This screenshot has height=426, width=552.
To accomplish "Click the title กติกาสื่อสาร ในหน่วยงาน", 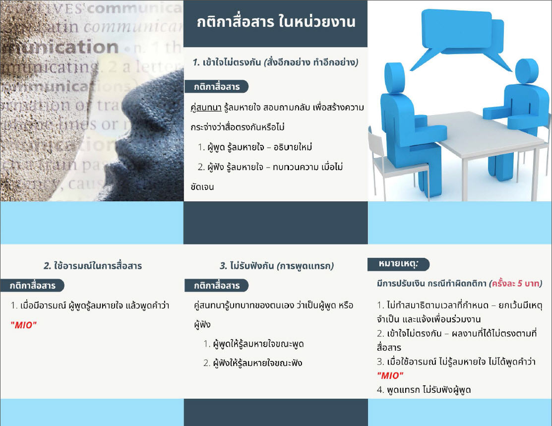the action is [x=276, y=22].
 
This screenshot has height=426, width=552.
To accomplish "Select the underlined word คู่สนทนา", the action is [x=206, y=108].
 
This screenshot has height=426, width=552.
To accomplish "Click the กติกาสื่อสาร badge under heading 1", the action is [x=217, y=87].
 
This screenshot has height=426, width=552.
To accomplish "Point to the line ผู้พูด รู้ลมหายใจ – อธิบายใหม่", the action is [x=255, y=147].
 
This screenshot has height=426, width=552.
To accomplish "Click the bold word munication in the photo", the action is [x=60, y=47].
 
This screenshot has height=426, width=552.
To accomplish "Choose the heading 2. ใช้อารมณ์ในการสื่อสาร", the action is [x=93, y=266].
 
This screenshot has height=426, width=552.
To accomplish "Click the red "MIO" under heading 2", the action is [x=24, y=325].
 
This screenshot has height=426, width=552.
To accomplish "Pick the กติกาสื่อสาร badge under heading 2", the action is [x=32, y=286].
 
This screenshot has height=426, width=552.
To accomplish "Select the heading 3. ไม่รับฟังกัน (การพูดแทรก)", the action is [x=277, y=266].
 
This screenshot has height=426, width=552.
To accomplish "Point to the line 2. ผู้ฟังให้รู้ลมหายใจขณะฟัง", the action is [x=253, y=363].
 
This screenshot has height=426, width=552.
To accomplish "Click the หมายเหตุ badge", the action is [x=399, y=264].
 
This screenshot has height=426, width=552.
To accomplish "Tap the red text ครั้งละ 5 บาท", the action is [x=516, y=283].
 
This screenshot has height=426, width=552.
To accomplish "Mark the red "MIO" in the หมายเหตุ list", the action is [x=390, y=375].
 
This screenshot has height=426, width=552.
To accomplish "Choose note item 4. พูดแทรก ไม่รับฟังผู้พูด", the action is [x=424, y=390].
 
